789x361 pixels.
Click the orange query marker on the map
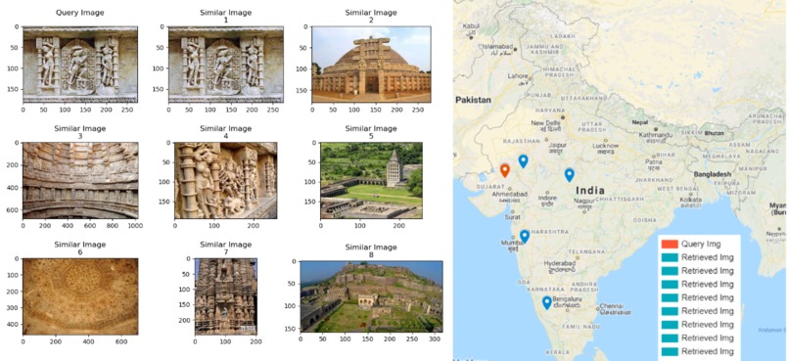pos(505,170)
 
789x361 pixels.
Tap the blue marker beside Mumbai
pos(525,236)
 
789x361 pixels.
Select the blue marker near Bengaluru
pos(546,303)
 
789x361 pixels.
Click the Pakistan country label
pos(473,100)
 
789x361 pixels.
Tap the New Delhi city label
pos(545,124)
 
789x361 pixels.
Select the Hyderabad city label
pos(561,264)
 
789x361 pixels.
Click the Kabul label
pos(471,25)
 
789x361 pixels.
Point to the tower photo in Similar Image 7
pos(224,293)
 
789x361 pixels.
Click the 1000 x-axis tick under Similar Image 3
pos(134,226)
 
